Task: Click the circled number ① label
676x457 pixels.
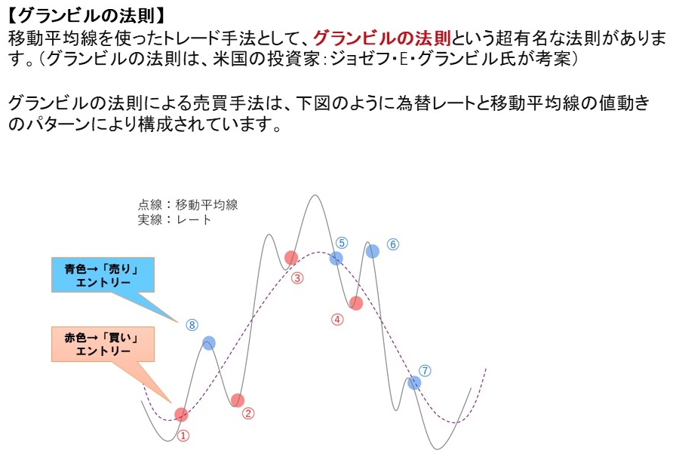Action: pyautogui.click(x=183, y=436)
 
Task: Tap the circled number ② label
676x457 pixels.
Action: pyautogui.click(x=248, y=413)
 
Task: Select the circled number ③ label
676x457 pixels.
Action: pyautogui.click(x=297, y=278)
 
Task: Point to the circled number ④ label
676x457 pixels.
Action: pyautogui.click(x=337, y=320)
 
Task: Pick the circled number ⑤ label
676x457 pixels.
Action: pyautogui.click(x=342, y=243)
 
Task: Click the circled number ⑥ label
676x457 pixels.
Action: pyautogui.click(x=393, y=244)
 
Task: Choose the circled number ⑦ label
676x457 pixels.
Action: pyautogui.click(x=425, y=371)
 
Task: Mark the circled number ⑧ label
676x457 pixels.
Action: pyautogui.click(x=192, y=325)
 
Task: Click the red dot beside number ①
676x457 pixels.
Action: pyautogui.click(x=182, y=415)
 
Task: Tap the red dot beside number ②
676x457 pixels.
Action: pyautogui.click(x=237, y=400)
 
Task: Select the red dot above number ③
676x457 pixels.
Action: pyautogui.click(x=291, y=258)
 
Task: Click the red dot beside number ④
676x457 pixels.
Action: pyautogui.click(x=355, y=303)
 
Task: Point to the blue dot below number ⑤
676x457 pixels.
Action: pyautogui.click(x=336, y=259)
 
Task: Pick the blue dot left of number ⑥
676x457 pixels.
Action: pyautogui.click(x=373, y=251)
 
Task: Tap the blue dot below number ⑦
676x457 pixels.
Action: pyautogui.click(x=414, y=382)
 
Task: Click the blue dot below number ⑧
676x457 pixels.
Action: pyautogui.click(x=209, y=343)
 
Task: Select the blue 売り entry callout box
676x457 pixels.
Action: pyautogui.click(x=103, y=275)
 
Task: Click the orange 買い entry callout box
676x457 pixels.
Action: pyautogui.click(x=103, y=344)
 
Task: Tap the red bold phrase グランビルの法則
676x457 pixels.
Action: pyautogui.click(x=382, y=38)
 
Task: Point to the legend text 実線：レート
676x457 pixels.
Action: pyautogui.click(x=174, y=220)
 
